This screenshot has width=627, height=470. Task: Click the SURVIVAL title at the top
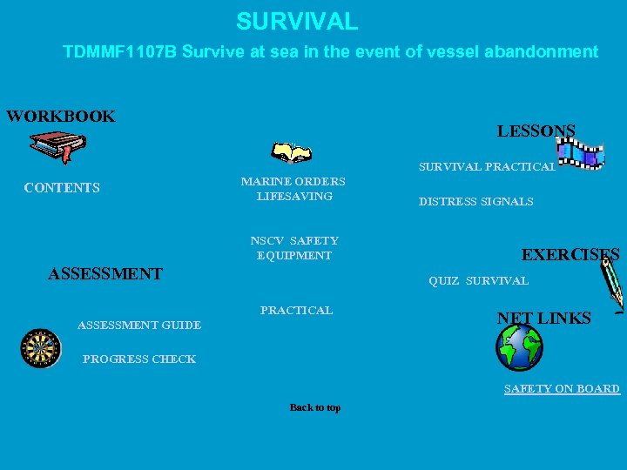pos(296,21)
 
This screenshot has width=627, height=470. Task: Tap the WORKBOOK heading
pos(61,117)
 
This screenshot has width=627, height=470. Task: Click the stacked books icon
pos(56,146)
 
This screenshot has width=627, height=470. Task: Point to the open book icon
pos(291,153)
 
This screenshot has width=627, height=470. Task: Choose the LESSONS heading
pos(536,131)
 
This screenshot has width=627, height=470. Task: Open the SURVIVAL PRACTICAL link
pos(486,166)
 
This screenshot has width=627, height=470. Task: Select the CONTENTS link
pos(62,188)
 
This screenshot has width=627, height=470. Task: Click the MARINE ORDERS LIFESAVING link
pos(293,189)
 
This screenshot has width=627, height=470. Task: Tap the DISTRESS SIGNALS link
pos(475,202)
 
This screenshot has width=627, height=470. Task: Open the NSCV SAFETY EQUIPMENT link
pos(293,248)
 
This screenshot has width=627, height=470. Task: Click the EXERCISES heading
pos(570,255)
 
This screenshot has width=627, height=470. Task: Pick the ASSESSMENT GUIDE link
pos(139,326)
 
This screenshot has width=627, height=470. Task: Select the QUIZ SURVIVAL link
pos(478,281)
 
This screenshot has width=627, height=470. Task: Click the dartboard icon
pos(39,348)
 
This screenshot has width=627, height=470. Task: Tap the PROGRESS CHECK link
pos(139,359)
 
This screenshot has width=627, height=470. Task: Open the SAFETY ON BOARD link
pos(562,389)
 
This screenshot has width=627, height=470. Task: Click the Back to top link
pos(314,407)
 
